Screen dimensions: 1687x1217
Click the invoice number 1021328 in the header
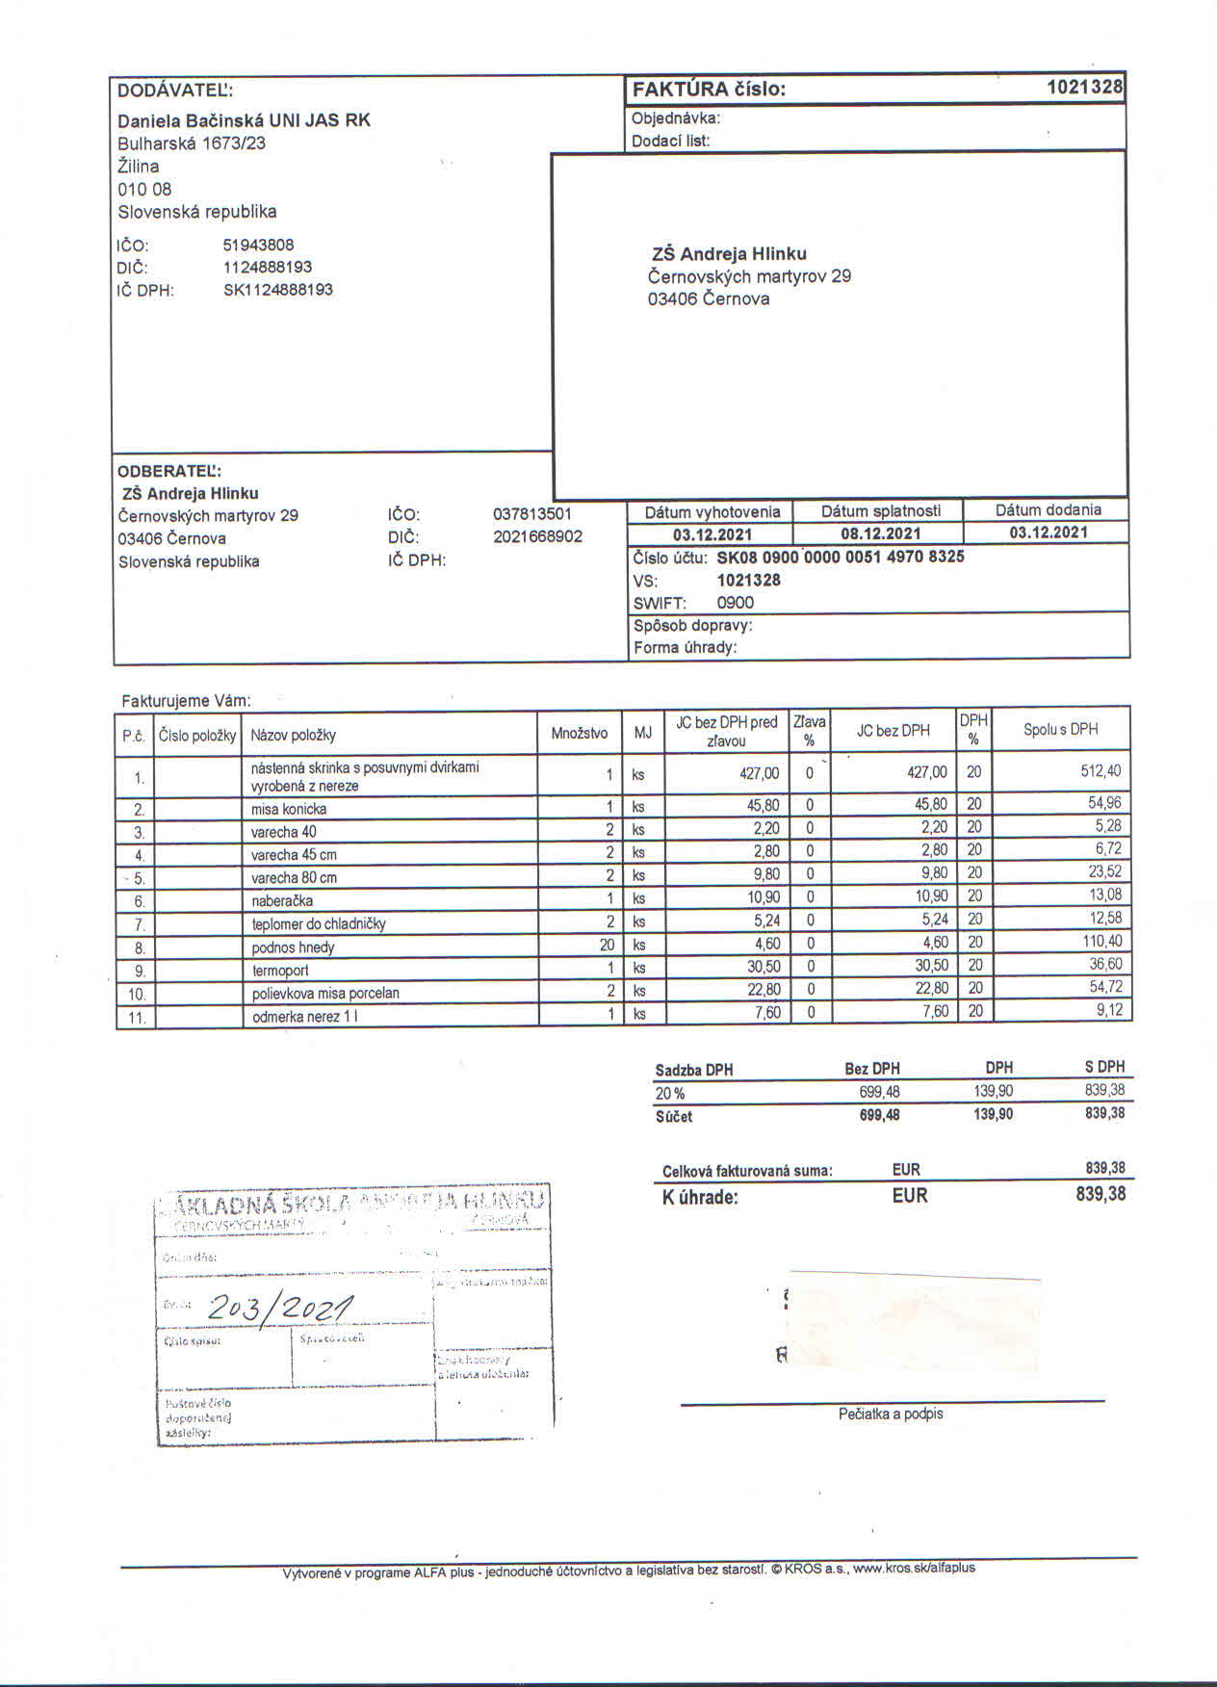point(1084,88)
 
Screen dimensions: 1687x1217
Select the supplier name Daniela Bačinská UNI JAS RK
point(244,120)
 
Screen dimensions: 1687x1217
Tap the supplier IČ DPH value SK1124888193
point(277,290)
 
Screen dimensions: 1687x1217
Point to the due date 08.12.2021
point(877,533)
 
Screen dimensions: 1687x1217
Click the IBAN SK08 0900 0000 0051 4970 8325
point(840,557)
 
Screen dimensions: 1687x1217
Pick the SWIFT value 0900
point(735,603)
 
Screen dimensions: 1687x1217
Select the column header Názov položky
point(293,735)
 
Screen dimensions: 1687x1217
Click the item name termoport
point(280,971)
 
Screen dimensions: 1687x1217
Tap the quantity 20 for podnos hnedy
point(607,945)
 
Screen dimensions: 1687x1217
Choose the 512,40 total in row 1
point(1100,771)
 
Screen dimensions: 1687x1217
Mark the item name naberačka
point(282,901)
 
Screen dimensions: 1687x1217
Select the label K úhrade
point(700,1198)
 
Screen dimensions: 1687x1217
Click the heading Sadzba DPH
point(693,1070)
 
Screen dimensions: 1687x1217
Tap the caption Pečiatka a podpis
point(890,1414)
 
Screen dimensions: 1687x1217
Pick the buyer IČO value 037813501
point(531,514)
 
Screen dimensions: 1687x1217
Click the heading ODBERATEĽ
point(168,472)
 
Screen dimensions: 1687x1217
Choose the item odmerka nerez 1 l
point(305,1017)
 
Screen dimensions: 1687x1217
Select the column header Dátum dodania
point(1048,510)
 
